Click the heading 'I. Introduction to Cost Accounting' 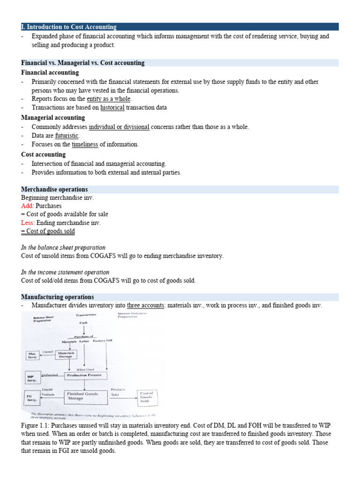pyautogui.click(x=69, y=27)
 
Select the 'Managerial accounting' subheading pyautogui.click(x=53, y=118)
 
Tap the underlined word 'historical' pyautogui.click(x=112, y=107)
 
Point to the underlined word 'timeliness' pyautogui.click(x=85, y=144)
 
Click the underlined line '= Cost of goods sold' pyautogui.click(x=48, y=232)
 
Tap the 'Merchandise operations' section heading pyautogui.click(x=54, y=189)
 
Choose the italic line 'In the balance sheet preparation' pyautogui.click(x=63, y=247)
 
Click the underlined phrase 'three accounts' pyautogui.click(x=146, y=305)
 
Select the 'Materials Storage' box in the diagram pyautogui.click(x=66, y=354)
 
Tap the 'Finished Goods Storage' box pyautogui.click(x=82, y=397)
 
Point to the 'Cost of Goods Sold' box pyautogui.click(x=147, y=397)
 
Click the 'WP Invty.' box pyautogui.click(x=31, y=378)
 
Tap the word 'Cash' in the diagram pyautogui.click(x=83, y=322)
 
